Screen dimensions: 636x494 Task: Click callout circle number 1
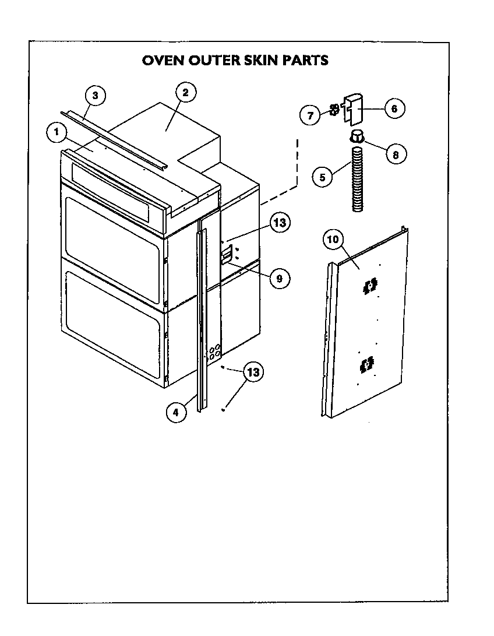57,132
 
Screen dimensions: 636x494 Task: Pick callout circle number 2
185,93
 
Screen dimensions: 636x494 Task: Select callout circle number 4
177,412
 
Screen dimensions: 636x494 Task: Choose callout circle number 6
394,108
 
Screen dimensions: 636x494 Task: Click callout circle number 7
310,115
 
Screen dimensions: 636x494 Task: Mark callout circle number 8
395,154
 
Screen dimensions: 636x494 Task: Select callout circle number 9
279,279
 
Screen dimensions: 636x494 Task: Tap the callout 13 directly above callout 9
280,223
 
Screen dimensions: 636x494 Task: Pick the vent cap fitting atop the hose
357,137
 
